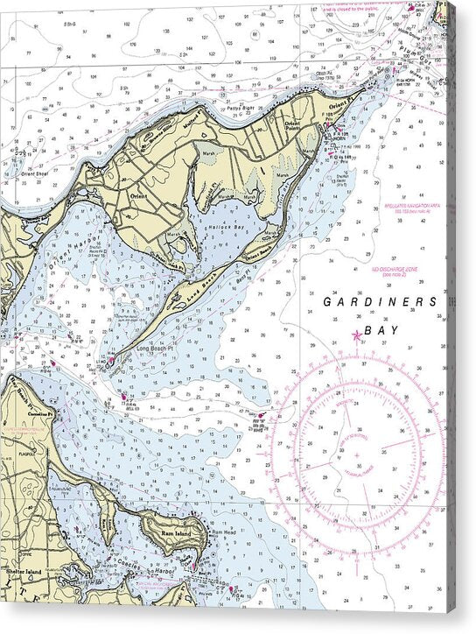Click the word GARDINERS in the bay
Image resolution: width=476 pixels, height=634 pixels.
pos(380,301)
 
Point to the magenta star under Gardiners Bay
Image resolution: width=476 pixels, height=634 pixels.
pos(356,335)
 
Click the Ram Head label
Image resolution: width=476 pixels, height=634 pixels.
pos(222,532)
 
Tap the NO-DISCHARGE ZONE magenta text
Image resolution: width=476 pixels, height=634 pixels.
pos(397,271)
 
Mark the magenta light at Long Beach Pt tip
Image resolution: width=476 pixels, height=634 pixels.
pos(111,358)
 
